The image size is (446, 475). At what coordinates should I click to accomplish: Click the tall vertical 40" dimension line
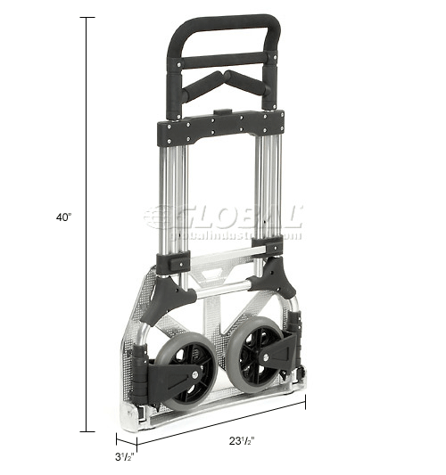87,223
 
